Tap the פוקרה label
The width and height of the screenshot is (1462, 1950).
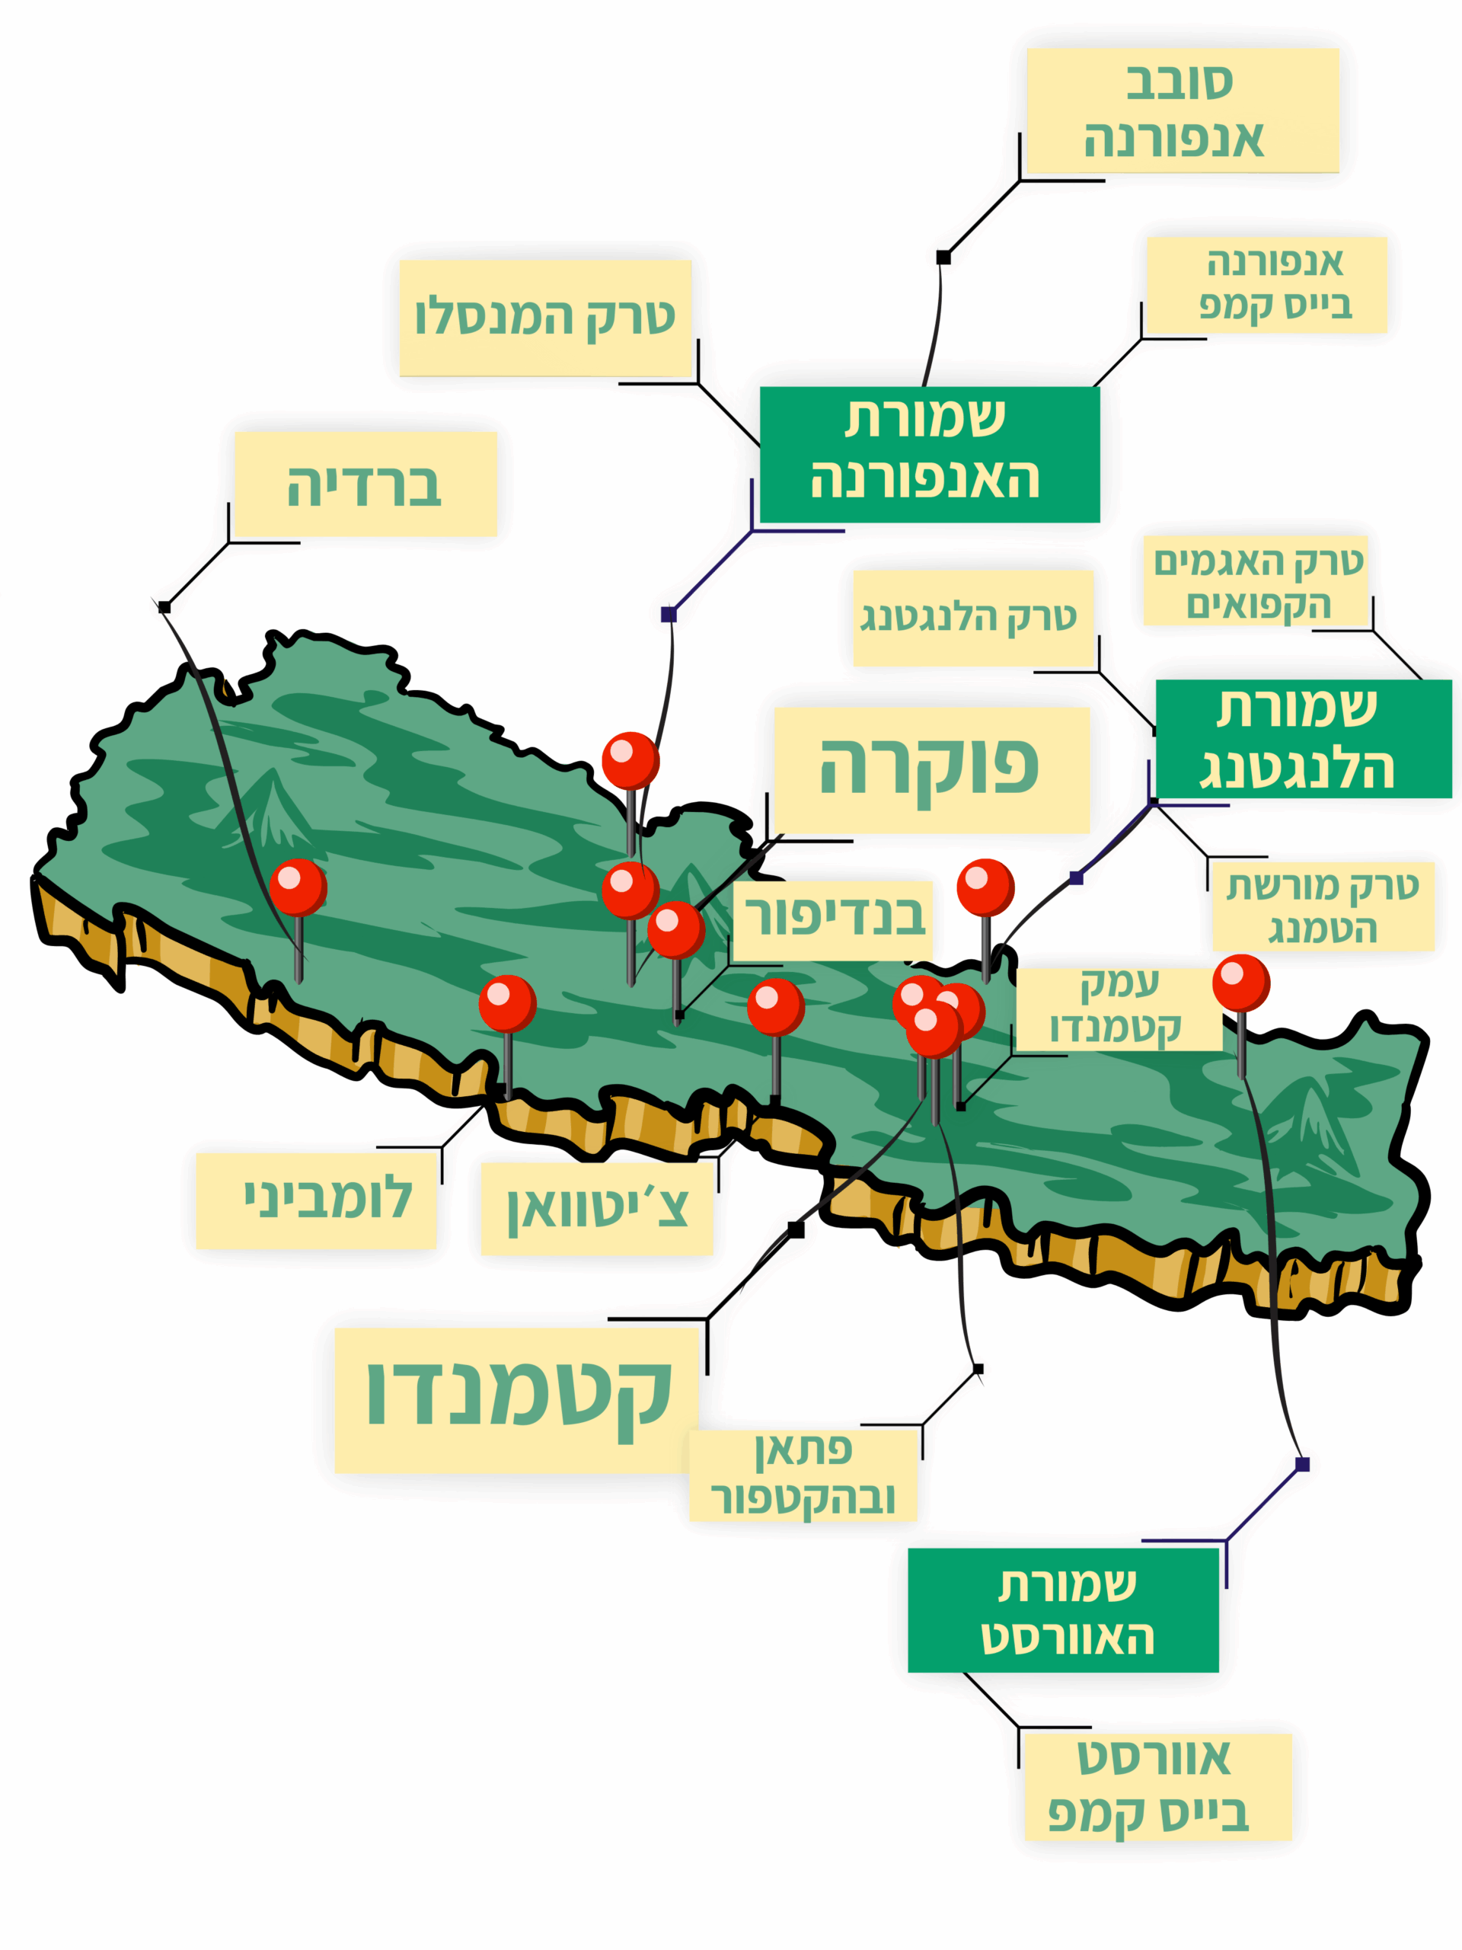(x=931, y=769)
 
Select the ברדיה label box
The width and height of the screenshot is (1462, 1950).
(x=365, y=484)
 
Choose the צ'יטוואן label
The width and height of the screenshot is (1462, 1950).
(x=597, y=1208)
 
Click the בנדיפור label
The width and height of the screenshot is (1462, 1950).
(x=833, y=919)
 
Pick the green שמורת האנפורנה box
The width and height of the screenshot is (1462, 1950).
(x=929, y=454)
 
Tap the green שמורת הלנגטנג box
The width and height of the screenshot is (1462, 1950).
(x=1303, y=739)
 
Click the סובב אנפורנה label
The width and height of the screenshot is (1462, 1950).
(x=1182, y=110)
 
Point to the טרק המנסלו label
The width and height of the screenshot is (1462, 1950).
(x=544, y=318)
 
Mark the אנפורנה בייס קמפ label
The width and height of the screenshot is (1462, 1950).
(x=1266, y=284)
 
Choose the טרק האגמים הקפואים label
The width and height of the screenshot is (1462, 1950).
(x=1255, y=581)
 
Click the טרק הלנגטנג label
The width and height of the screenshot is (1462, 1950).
(x=973, y=617)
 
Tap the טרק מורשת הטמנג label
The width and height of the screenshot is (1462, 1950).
(x=1322, y=906)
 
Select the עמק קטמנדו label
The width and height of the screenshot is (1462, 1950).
(x=1117, y=1009)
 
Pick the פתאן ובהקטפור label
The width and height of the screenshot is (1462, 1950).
(x=802, y=1474)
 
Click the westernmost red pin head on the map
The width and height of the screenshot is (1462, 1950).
(x=297, y=886)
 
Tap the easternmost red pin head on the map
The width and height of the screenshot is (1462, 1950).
(x=1240, y=981)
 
